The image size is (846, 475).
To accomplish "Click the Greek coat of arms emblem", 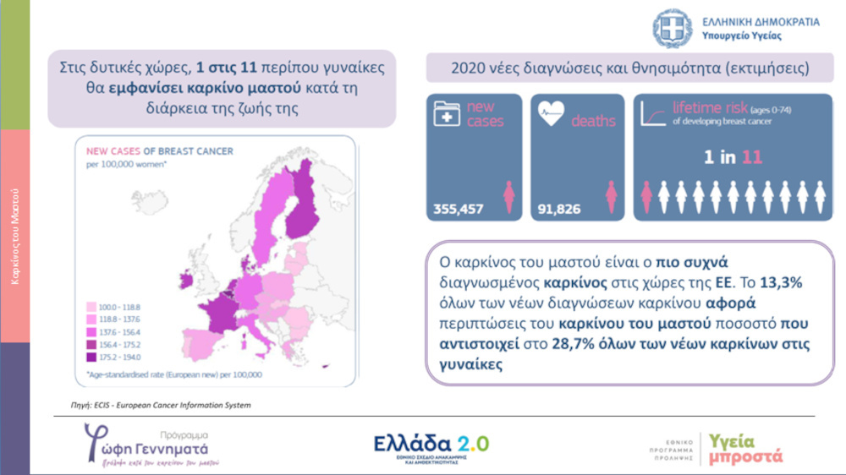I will click(673, 29).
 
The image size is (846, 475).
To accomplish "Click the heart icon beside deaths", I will click(551, 115).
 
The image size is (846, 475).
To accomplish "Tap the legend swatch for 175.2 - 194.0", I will click(90, 357).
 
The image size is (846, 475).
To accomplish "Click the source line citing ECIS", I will click(161, 405).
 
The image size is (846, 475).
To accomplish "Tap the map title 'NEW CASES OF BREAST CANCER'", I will click(160, 152).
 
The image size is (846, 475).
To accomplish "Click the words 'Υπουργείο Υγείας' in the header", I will click(741, 36).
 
